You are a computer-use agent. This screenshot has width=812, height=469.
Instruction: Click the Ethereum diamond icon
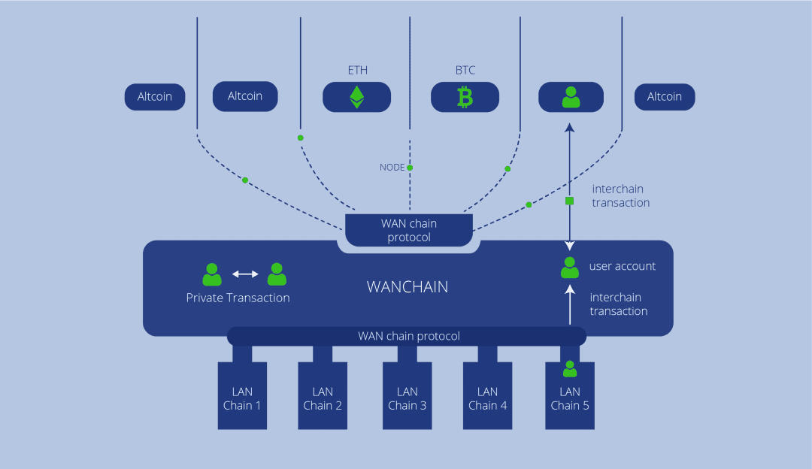(x=357, y=97)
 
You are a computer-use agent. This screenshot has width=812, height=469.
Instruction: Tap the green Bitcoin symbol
(x=465, y=97)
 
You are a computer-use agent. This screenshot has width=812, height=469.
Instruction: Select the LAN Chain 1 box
(x=242, y=395)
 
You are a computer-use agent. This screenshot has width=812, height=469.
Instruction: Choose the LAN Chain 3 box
(x=407, y=395)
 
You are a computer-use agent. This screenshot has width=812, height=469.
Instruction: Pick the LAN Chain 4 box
(x=487, y=395)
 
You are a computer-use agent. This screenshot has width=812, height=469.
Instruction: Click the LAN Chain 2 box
(x=323, y=395)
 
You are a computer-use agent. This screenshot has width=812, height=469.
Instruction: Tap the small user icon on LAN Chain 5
(x=570, y=368)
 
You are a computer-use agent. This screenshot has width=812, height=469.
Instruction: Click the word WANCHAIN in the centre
(x=408, y=287)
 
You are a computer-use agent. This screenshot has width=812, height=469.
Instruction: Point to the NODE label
(x=392, y=167)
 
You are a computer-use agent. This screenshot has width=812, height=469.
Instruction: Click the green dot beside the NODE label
(x=410, y=168)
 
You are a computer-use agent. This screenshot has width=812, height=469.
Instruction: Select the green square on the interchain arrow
(x=570, y=201)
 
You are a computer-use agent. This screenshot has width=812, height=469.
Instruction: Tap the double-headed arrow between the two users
(x=245, y=274)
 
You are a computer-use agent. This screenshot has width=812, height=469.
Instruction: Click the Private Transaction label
(x=238, y=298)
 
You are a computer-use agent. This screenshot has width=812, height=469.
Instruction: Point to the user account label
(x=623, y=266)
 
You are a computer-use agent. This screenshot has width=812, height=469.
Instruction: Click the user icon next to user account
(x=570, y=268)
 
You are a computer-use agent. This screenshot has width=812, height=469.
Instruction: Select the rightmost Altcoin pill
(x=665, y=97)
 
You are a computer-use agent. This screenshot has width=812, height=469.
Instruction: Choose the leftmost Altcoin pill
(x=155, y=97)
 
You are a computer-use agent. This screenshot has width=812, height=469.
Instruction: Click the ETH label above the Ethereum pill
(x=358, y=71)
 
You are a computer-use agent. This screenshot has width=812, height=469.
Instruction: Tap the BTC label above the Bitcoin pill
(x=465, y=71)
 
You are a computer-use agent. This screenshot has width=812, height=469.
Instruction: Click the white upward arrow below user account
(x=570, y=305)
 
